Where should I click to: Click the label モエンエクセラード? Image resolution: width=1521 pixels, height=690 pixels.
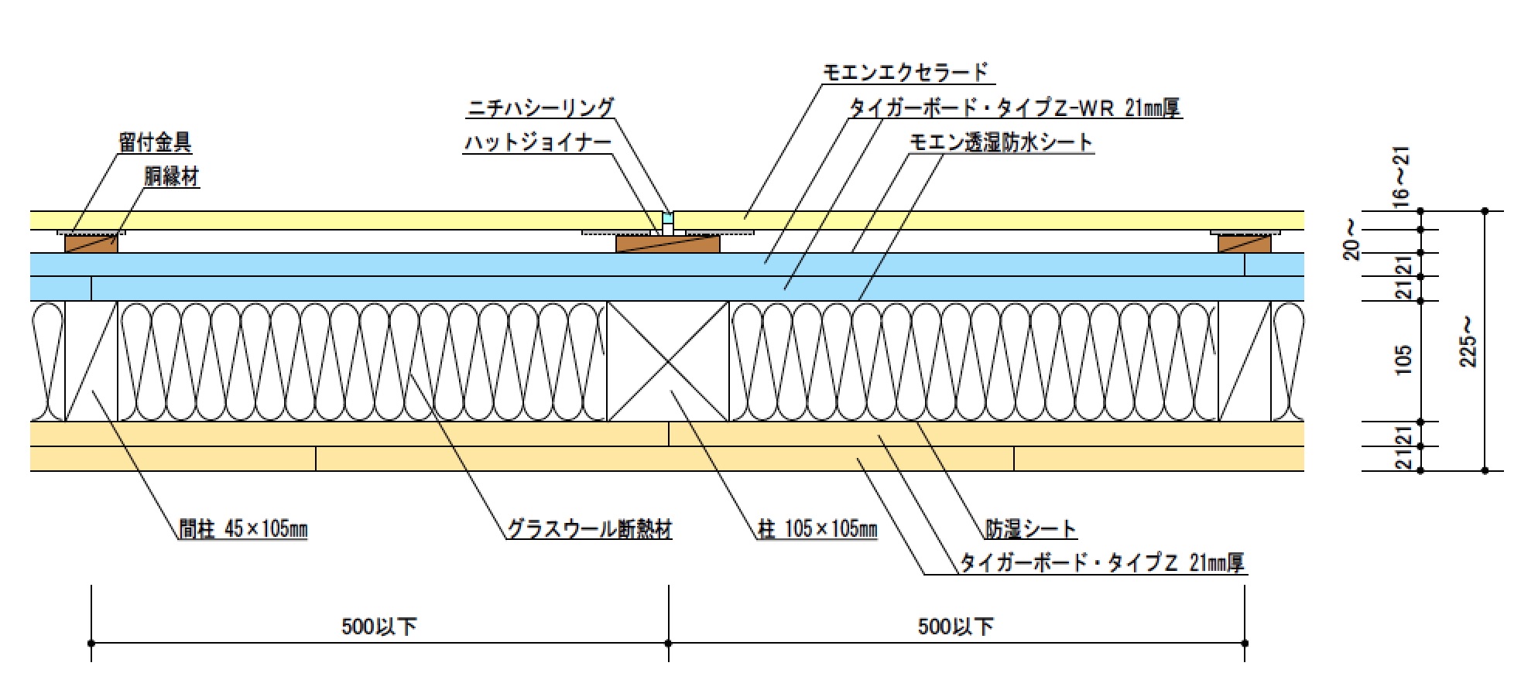(905, 72)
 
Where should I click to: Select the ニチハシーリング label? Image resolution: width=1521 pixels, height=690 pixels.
(540, 108)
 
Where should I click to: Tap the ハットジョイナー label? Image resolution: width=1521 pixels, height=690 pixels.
(537, 142)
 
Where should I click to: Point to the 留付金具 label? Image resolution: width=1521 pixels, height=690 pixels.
(155, 142)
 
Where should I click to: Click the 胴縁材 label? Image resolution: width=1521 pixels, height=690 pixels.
(171, 176)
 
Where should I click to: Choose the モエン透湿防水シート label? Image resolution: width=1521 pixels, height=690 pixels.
(1001, 142)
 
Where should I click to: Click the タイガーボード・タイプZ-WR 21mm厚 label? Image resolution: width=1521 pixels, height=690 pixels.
(1015, 108)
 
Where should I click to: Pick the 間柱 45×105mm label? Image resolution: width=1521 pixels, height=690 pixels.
(243, 529)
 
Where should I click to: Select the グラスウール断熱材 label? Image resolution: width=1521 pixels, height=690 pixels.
(589, 529)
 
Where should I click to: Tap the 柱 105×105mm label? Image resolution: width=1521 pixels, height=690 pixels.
(817, 529)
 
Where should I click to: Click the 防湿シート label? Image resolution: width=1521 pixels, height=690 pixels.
(1030, 529)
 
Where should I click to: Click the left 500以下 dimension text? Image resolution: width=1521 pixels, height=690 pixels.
(379, 626)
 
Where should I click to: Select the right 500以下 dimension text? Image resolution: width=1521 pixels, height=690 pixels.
(956, 626)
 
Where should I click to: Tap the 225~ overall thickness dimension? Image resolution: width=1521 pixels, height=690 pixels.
(1468, 342)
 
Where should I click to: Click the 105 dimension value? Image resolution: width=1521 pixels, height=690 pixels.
(1403, 360)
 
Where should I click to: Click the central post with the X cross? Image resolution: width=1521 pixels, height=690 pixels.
(668, 361)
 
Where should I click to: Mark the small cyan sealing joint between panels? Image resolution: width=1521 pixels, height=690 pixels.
(668, 219)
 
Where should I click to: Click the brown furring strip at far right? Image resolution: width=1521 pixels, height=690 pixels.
(1244, 244)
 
